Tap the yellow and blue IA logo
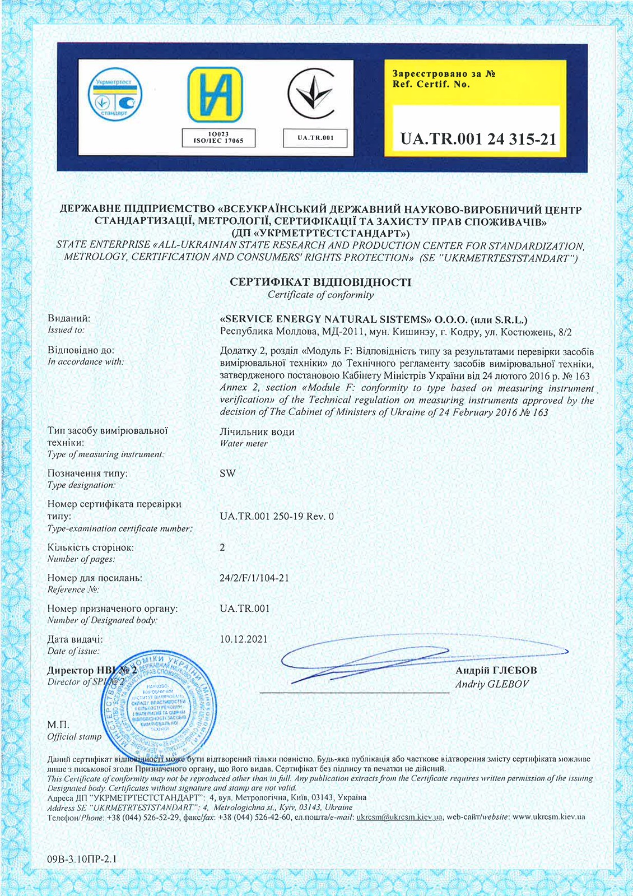[215, 95]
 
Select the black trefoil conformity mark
[311, 95]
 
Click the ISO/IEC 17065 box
[218, 138]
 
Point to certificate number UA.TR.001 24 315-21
[478, 139]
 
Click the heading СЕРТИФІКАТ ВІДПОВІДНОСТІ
[320, 282]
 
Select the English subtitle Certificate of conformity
[320, 295]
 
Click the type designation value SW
[228, 473]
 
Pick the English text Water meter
[244, 443]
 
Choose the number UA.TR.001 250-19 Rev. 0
[277, 516]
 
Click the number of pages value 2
[222, 547]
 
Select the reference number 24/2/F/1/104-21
[254, 578]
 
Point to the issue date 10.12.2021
[244, 639]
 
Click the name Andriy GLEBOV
[491, 684]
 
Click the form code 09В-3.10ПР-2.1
[82, 859]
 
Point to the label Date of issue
[73, 651]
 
